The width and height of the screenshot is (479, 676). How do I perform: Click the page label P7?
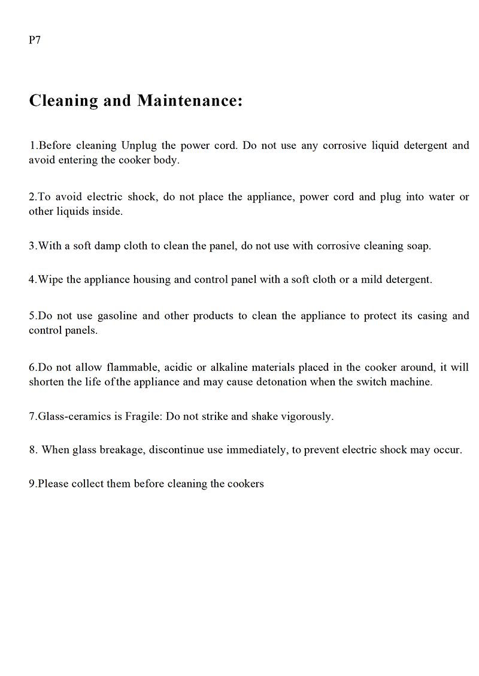pos(35,41)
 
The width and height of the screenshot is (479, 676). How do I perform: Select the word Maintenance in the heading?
pos(190,101)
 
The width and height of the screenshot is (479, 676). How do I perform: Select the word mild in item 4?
pos(373,279)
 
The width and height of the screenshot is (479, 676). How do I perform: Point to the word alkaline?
pos(230,367)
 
